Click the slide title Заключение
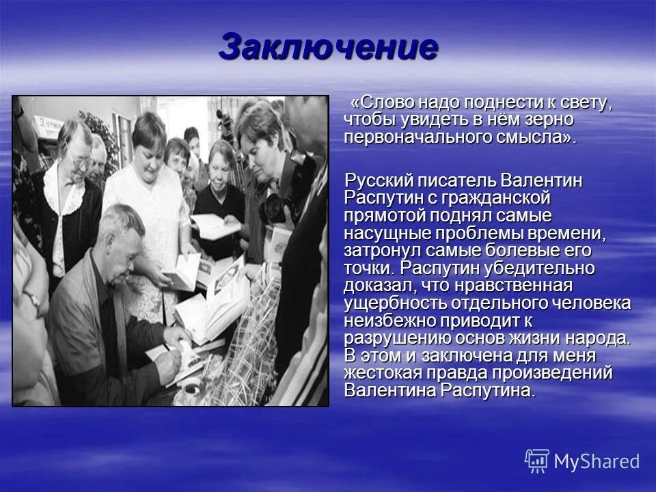point(328,47)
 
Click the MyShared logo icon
point(536,461)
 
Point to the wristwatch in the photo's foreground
point(31,298)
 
